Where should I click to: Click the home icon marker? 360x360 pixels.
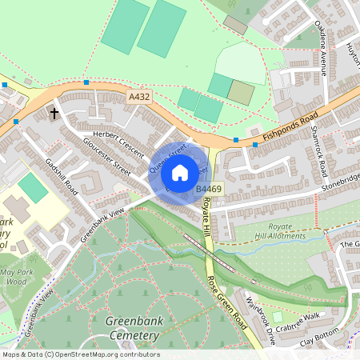click(x=180, y=173)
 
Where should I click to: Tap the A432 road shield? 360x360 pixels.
click(x=139, y=97)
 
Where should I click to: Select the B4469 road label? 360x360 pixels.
click(x=209, y=189)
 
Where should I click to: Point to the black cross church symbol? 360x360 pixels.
click(x=55, y=114)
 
